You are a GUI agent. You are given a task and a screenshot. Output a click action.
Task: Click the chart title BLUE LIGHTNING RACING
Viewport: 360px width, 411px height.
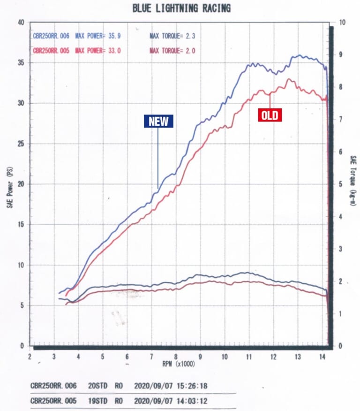tap(181, 8)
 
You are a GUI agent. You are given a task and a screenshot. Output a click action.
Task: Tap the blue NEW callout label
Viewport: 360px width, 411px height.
tap(158, 122)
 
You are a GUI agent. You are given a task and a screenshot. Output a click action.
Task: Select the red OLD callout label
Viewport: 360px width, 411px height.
tap(270, 115)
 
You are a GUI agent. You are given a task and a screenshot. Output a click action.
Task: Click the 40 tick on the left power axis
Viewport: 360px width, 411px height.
tap(21, 23)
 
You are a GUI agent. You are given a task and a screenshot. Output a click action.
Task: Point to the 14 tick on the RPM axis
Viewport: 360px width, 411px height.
tap(322, 357)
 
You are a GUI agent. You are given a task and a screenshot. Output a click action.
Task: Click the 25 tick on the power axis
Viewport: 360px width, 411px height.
tap(21, 144)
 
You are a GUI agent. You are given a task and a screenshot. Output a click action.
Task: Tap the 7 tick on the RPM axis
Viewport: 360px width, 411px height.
tap(151, 357)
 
